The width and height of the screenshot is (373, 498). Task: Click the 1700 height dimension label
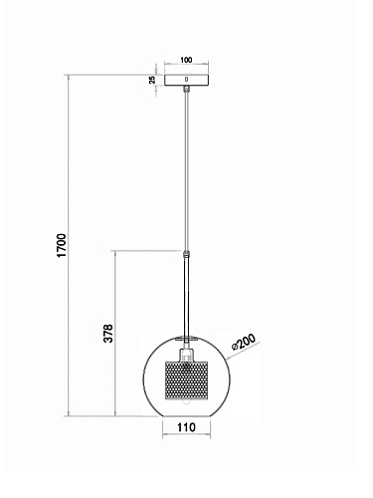62,245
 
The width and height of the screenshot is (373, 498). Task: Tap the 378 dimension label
108,333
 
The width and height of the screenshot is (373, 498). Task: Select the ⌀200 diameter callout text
244,342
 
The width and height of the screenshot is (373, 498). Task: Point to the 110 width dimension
186,427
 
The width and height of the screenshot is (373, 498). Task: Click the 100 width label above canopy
186,60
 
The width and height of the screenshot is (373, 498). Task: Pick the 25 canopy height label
152,80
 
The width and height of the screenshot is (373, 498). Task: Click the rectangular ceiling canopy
187,80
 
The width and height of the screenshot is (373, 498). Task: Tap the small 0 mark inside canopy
186,80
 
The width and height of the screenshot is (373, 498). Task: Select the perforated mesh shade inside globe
186,380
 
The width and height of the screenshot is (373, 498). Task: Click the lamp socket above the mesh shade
187,355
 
